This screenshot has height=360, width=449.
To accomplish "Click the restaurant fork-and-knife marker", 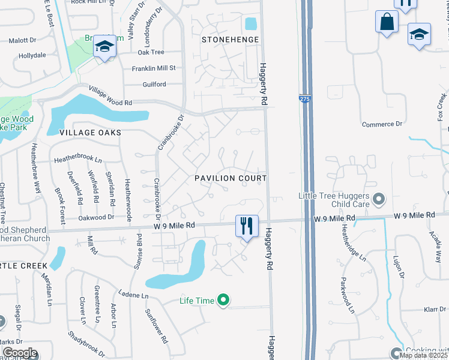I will (246, 226).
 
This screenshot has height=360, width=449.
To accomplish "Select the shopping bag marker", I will (387, 22).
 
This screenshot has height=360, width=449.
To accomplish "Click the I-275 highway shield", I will (305, 100).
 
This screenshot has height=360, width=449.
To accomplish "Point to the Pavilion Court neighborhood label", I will (230, 179).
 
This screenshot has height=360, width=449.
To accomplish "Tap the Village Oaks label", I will (90, 132).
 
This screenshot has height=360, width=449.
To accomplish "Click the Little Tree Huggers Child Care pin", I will (378, 198).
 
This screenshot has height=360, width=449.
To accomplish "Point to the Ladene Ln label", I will (133, 295).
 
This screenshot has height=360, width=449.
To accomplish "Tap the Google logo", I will (20, 353).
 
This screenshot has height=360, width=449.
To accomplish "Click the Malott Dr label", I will (23, 41).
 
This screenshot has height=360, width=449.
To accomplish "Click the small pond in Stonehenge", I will (250, 24).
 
